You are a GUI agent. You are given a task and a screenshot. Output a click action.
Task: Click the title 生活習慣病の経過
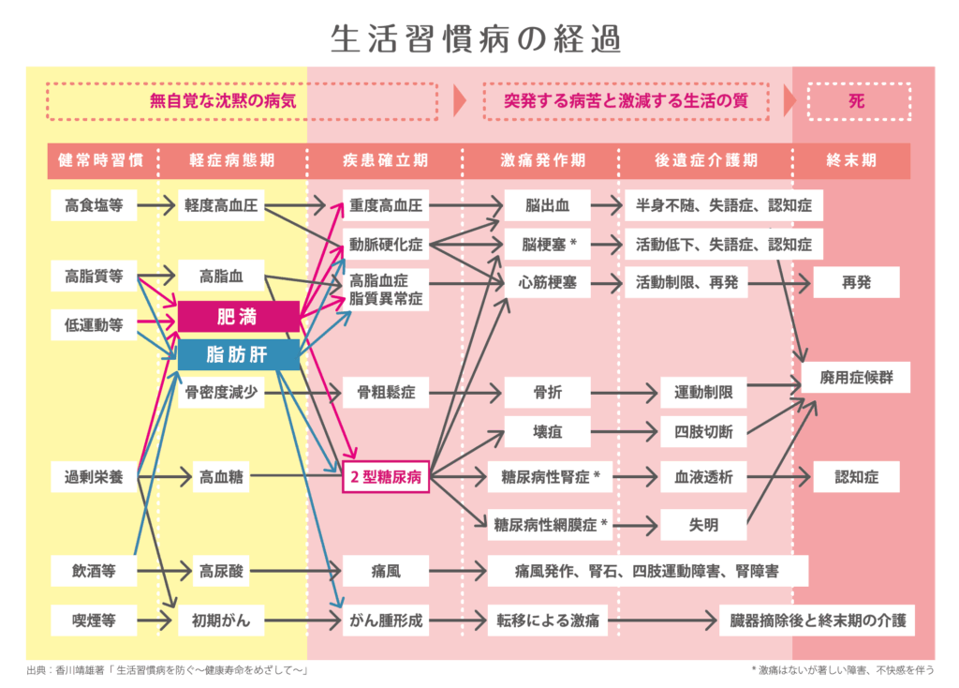[476, 39]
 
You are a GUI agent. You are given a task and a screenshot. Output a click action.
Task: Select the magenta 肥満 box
[238, 317]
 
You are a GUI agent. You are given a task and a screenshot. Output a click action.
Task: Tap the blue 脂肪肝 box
[238, 354]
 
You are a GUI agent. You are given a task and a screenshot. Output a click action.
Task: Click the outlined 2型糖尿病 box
[385, 477]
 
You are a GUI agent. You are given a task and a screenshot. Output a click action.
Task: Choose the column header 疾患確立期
[385, 160]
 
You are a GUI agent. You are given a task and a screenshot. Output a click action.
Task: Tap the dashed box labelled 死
[857, 101]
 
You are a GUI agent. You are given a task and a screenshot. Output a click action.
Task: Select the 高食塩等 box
[94, 204]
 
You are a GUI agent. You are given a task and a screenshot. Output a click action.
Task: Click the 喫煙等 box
[94, 620]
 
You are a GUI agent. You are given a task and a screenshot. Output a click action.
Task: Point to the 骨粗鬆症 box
[385, 392]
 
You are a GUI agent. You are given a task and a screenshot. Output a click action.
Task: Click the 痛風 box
[385, 569]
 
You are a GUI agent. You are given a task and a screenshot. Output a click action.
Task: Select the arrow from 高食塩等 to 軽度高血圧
[156, 204]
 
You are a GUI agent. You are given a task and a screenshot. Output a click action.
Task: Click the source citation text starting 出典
[169, 669]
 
